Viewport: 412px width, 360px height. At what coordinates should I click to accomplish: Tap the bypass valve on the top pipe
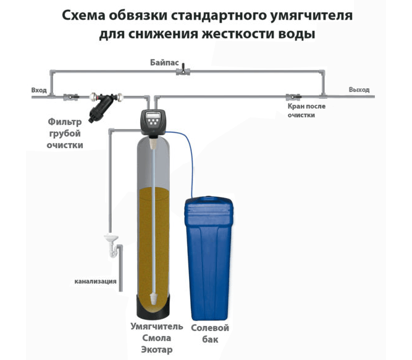(183, 73)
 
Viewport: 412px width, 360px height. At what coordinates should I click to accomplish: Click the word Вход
(39, 90)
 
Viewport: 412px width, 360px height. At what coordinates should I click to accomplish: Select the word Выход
(359, 90)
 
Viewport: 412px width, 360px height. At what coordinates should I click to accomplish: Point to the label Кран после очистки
(306, 111)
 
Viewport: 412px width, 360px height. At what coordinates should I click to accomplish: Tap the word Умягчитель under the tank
(156, 327)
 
